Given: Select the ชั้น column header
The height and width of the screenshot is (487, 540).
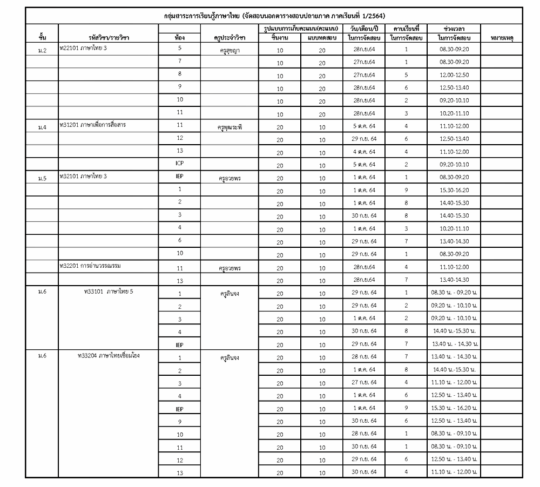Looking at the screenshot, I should (42, 38).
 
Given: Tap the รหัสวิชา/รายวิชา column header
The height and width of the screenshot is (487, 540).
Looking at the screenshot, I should (109, 38).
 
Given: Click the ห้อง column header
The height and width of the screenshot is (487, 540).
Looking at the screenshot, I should (180, 38).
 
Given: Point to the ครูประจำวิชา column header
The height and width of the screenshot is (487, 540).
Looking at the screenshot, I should (230, 38).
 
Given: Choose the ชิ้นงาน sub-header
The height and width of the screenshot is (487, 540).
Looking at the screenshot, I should (280, 38).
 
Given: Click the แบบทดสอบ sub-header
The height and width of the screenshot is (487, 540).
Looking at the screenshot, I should (322, 38).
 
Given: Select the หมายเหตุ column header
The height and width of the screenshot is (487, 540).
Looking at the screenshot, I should (502, 38).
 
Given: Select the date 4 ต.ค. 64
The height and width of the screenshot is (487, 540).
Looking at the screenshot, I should (364, 153).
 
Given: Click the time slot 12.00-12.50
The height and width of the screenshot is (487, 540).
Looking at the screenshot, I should (454, 76).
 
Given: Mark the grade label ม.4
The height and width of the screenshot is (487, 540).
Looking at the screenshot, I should (42, 128).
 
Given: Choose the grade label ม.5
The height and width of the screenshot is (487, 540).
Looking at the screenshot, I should (42, 178).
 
